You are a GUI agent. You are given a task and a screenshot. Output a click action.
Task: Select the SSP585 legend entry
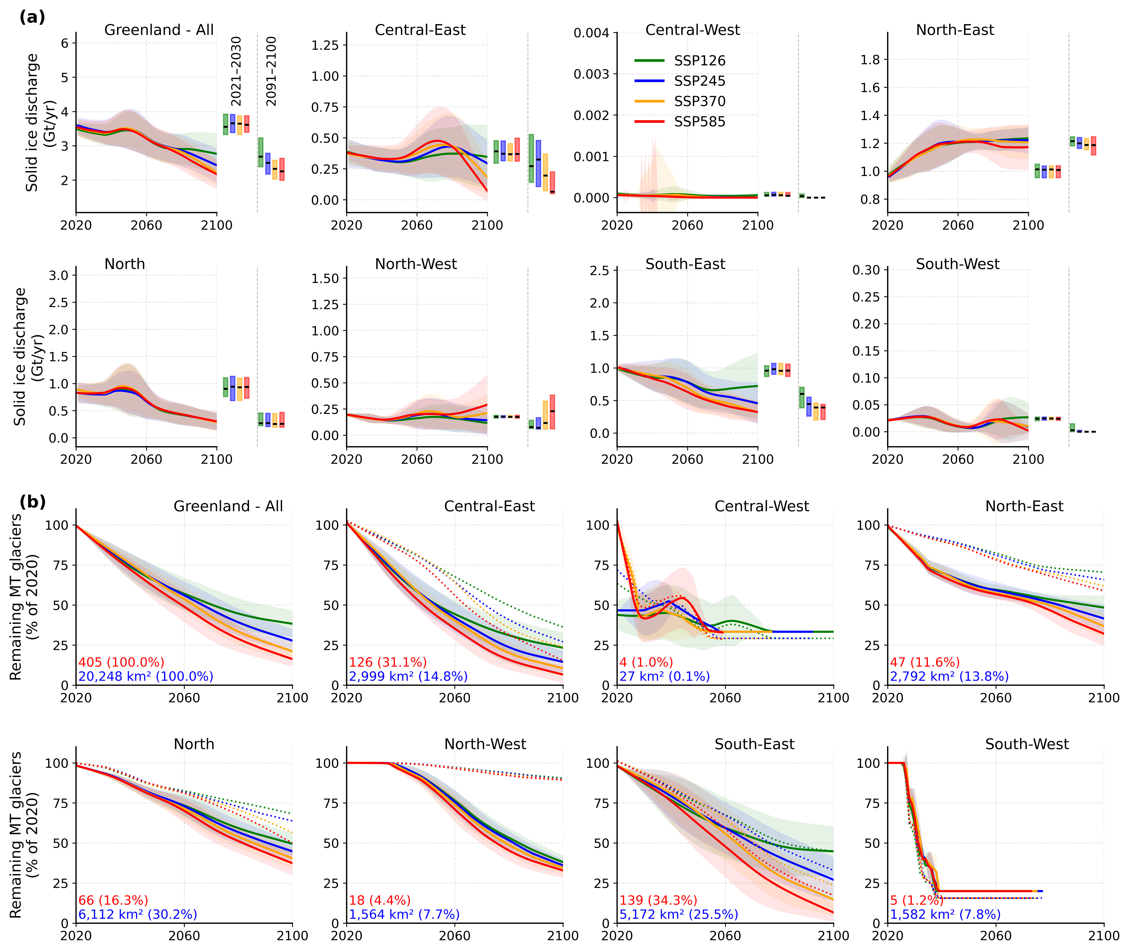pos(699,122)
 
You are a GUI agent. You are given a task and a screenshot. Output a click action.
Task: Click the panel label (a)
pos(32,17)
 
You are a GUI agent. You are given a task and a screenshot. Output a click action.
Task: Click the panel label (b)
pos(32,502)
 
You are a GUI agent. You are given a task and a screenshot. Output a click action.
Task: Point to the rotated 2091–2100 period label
pos(271,71)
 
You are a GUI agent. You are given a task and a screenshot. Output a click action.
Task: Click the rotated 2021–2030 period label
pos(236,71)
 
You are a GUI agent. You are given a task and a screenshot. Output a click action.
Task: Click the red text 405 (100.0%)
pos(121,662)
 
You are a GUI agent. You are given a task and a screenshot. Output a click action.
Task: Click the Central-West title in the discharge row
pos(693,30)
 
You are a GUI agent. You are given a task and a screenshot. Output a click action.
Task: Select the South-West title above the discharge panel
pos(958,264)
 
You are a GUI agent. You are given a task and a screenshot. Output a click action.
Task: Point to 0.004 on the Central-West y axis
pos(591,33)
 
